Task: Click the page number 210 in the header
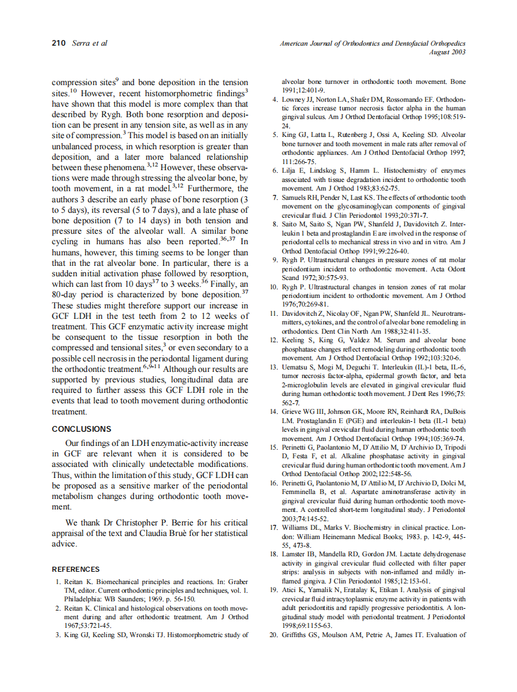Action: pos(59,43)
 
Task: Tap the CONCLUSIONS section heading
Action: pos(81,429)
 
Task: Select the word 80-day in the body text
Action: pos(65,294)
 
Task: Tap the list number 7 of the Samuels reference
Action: pos(275,197)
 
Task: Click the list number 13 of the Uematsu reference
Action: pos(273,367)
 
